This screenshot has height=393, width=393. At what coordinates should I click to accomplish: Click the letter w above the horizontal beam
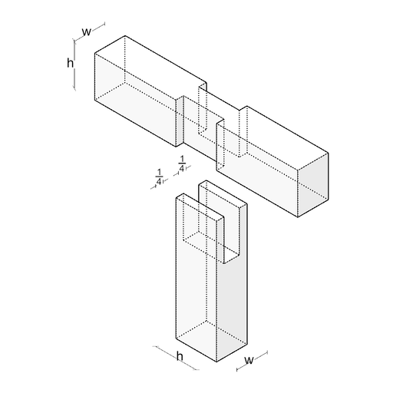click(x=87, y=32)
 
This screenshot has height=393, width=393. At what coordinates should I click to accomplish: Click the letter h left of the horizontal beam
click(x=70, y=63)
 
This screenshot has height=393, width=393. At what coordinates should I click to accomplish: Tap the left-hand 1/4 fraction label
click(x=159, y=177)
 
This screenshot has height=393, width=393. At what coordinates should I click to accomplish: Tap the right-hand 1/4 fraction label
click(x=182, y=164)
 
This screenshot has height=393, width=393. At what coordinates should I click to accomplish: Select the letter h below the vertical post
click(x=180, y=355)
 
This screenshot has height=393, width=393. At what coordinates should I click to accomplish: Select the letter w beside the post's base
click(x=249, y=360)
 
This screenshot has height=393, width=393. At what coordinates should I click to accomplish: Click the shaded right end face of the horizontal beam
click(x=313, y=185)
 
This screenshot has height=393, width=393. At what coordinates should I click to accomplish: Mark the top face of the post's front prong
click(x=200, y=206)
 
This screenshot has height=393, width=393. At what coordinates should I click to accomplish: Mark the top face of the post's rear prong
click(x=223, y=193)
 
